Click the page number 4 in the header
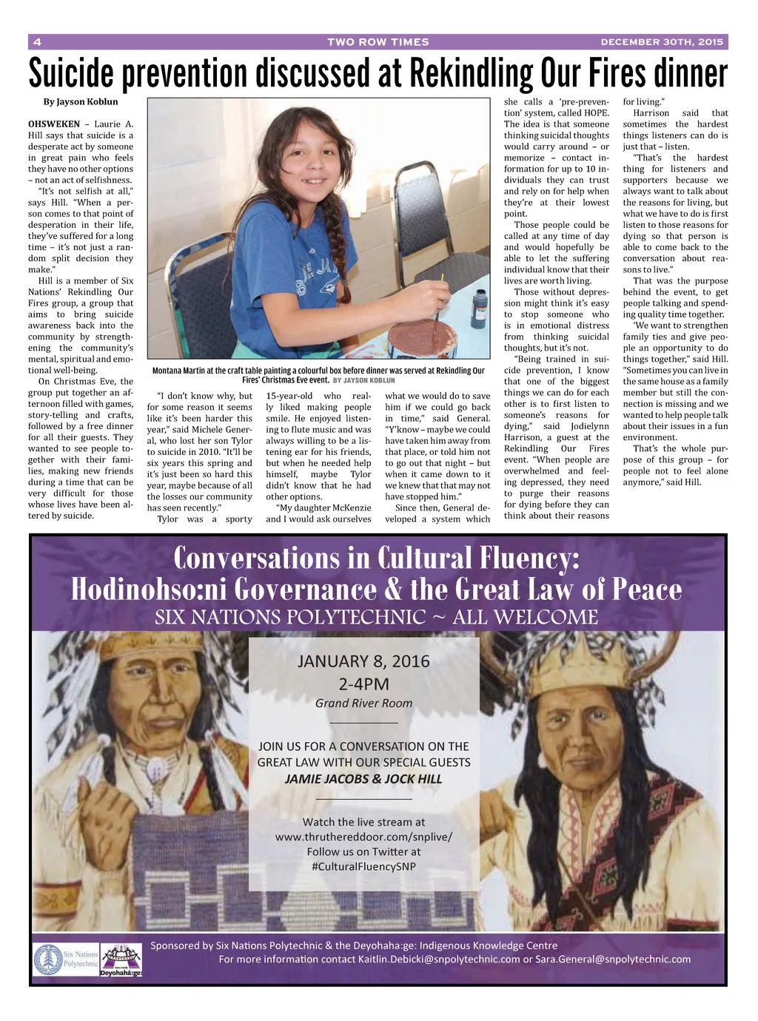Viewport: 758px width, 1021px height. tap(37, 42)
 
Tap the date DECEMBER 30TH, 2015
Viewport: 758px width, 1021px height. tap(662, 42)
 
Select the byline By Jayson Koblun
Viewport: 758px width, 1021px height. tap(80, 102)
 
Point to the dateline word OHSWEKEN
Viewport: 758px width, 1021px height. tap(54, 124)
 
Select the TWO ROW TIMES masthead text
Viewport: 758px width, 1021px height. tap(378, 42)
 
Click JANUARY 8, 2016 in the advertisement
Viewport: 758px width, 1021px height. tap(363, 661)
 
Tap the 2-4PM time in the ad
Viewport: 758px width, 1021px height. tap(363, 684)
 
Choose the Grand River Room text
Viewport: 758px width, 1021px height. tap(363, 704)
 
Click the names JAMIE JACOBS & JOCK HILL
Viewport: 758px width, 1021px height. tap(363, 779)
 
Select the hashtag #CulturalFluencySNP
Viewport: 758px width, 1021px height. tap(363, 866)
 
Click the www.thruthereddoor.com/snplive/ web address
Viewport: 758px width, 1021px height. tap(363, 837)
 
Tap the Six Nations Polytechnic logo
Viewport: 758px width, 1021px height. tap(65, 959)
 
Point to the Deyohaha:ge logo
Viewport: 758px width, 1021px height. tap(121, 960)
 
